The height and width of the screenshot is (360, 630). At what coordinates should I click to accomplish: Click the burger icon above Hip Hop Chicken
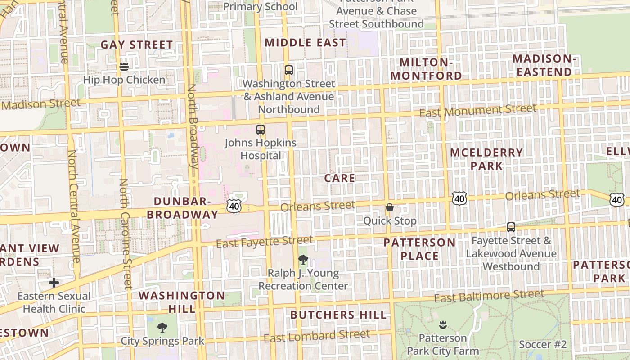tap(124, 66)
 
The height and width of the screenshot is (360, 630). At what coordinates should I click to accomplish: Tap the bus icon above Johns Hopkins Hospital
tap(261, 130)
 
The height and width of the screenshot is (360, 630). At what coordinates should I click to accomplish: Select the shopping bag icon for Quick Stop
tap(390, 207)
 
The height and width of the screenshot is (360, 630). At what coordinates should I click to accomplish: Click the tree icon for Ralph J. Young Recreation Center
tap(303, 259)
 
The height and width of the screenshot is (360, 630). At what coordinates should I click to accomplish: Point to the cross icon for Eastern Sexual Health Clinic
tap(54, 283)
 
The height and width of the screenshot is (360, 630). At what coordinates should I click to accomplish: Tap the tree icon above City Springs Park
tap(162, 328)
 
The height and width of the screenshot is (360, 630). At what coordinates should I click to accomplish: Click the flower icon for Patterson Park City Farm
tap(443, 324)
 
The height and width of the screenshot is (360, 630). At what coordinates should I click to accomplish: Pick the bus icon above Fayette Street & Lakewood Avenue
tap(511, 227)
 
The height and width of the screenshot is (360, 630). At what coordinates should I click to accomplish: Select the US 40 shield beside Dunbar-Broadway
tap(234, 206)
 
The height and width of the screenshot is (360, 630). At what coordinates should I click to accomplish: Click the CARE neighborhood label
tap(340, 178)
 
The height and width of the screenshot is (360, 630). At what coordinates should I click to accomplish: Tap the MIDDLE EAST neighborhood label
tap(306, 43)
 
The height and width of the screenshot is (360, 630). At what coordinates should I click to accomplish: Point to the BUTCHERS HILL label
tap(338, 315)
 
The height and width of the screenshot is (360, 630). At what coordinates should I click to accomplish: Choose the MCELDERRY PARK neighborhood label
tap(486, 159)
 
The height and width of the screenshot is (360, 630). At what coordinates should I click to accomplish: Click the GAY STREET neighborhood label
tap(136, 45)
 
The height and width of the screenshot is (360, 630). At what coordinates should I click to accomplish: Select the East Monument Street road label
tap(478, 110)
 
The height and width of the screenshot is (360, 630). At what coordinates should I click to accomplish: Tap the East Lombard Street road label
tap(317, 336)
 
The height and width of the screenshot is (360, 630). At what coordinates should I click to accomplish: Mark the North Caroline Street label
tap(126, 234)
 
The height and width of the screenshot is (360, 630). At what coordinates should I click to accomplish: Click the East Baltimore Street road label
tap(489, 296)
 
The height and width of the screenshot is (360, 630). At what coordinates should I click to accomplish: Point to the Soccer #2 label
tap(543, 345)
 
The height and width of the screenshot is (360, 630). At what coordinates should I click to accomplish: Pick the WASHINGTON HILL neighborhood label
tap(182, 302)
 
